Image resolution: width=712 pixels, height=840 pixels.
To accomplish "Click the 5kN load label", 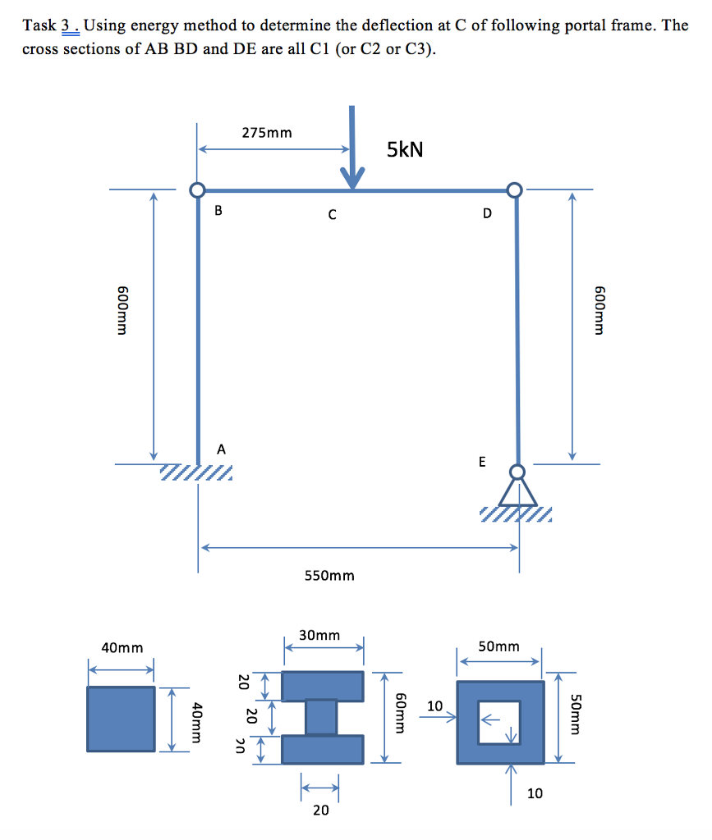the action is tap(405, 149).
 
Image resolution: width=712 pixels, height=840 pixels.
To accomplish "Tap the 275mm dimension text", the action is tap(267, 133).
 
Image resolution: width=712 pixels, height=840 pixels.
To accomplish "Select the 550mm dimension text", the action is tap(329, 576).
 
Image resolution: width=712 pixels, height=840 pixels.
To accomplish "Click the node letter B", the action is tap(218, 211).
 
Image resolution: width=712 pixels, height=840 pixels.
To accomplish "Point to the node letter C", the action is tap(333, 215).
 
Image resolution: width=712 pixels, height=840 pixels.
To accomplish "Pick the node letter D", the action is tap(487, 214).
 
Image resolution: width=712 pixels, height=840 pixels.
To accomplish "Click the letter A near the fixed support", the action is tap(221, 450).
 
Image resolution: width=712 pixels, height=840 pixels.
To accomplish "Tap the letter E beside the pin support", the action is tap(482, 462).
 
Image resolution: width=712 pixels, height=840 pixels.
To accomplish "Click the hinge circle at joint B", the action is tap(197, 190).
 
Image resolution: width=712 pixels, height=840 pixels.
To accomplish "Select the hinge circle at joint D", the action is tap(515, 189).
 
